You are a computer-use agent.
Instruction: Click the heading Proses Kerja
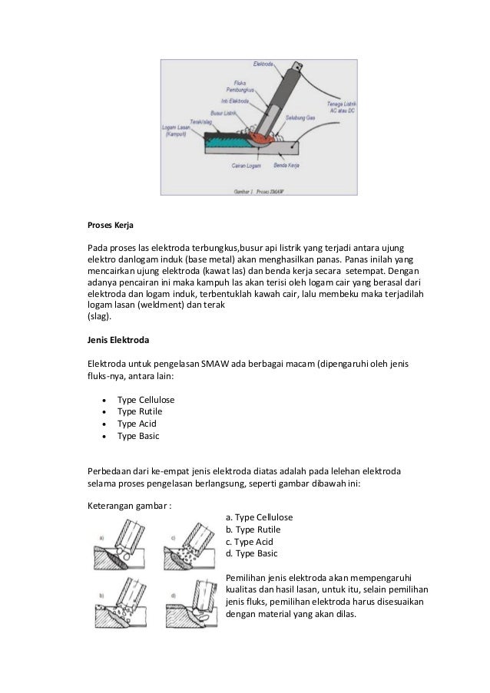pos(108,226)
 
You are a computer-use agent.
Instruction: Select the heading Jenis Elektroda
pos(117,338)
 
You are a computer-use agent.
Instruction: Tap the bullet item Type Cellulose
pos(145,400)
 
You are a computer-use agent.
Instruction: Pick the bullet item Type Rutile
pos(140,411)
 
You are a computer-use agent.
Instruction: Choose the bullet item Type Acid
pos(136,424)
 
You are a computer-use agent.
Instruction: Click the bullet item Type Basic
pos(137,436)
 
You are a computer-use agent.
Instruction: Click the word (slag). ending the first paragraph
pos(99,316)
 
